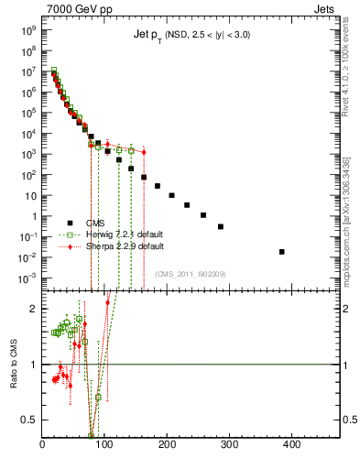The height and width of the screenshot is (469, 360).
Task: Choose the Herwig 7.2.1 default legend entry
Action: (x=125, y=234)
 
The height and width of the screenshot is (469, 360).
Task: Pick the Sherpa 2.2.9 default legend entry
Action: (x=125, y=246)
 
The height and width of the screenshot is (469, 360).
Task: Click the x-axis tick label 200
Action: (x=167, y=446)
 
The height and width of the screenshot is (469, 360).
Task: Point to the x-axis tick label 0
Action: (x=42, y=446)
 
